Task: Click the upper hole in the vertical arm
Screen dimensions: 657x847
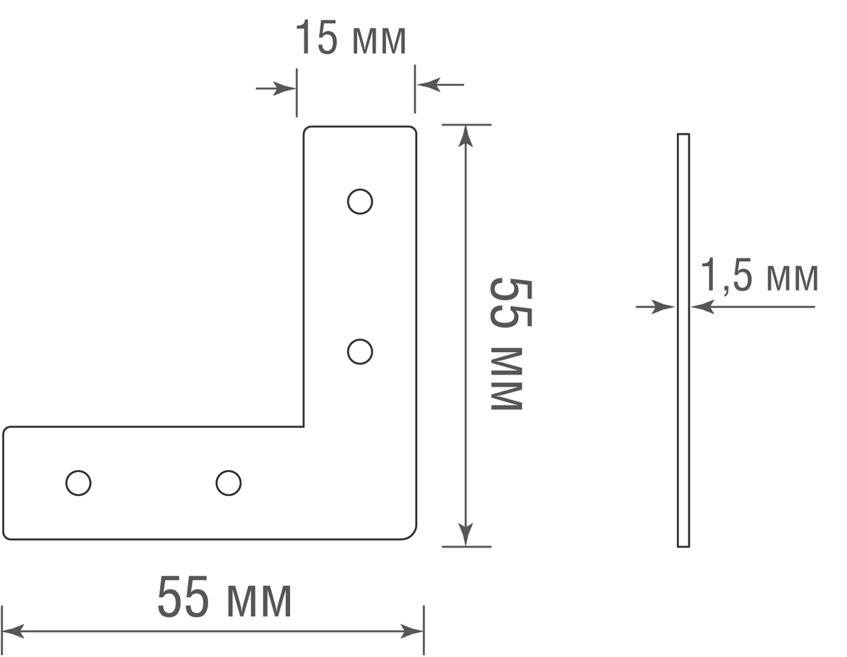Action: (x=360, y=202)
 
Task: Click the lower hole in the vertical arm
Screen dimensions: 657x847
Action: (x=360, y=351)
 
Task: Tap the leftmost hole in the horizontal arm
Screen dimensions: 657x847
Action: (x=78, y=483)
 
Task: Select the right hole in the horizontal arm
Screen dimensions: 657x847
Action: (x=229, y=483)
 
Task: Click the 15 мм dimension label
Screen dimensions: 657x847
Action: (x=351, y=39)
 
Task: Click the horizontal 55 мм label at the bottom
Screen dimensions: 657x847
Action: (x=224, y=598)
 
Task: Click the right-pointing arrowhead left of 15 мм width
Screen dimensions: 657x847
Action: (x=287, y=89)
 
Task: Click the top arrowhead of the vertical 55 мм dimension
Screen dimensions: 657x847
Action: (x=465, y=135)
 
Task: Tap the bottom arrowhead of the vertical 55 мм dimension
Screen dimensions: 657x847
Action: (x=465, y=536)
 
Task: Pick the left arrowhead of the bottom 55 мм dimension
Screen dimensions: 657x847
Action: (x=13, y=631)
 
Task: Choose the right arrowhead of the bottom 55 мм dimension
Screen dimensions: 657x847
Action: (x=413, y=631)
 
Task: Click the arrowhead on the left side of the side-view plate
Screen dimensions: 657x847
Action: (x=667, y=307)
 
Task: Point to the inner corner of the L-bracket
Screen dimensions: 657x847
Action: (x=304, y=426)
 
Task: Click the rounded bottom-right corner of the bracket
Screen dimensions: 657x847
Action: (x=410, y=534)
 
